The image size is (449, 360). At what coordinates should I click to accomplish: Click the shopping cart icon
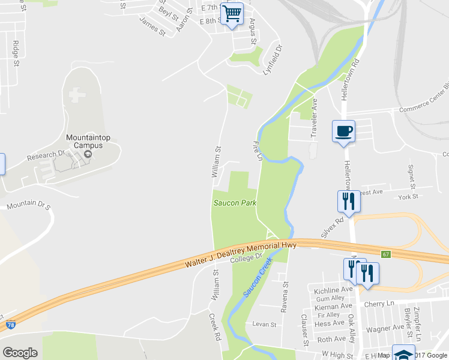point(232,14)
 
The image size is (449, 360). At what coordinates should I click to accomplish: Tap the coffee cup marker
point(343,131)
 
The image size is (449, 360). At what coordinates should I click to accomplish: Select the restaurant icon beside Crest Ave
point(348,202)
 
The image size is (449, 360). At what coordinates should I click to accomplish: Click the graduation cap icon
point(403,353)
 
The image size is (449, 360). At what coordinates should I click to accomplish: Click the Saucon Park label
point(235,203)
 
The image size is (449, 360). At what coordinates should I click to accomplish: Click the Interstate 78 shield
point(11,325)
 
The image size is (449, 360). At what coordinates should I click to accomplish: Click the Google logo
point(20,352)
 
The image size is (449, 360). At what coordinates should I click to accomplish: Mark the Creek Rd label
point(216,326)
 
